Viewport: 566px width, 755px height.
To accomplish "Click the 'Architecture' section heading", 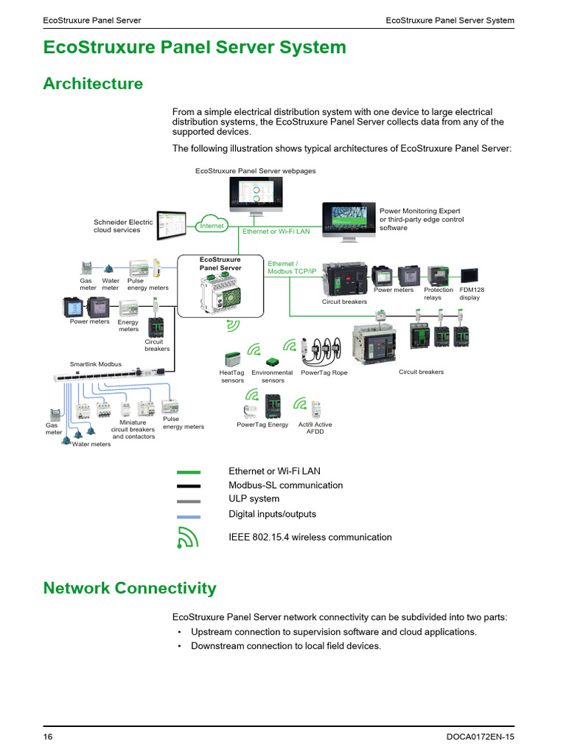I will point(93,83).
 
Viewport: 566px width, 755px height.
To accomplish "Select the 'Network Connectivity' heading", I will point(130,588).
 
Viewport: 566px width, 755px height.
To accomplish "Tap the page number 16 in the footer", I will point(48,737).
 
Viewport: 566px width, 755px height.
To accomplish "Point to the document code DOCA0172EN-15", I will point(481,737).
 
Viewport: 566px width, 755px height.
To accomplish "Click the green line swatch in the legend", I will point(189,471).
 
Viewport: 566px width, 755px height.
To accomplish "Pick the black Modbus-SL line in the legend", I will point(189,486).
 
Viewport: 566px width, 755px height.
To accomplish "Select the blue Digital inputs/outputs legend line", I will point(189,516).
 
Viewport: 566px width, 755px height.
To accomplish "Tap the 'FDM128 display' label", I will point(469,293).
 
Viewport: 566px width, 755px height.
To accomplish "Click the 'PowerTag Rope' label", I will point(324,373).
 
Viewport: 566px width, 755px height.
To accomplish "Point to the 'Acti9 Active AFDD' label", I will point(315,428).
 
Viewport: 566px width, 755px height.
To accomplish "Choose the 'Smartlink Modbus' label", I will point(96,364).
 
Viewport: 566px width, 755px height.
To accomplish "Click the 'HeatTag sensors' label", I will point(232,377).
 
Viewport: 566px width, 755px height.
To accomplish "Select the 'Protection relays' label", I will point(439,293).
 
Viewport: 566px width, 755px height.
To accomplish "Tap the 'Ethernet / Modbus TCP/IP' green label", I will point(291,267).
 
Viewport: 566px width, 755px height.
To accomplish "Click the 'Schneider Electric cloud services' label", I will point(123,226).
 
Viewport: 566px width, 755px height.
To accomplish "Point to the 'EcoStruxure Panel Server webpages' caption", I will point(255,171).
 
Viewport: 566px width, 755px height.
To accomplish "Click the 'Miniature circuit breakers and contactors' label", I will point(133,429).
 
